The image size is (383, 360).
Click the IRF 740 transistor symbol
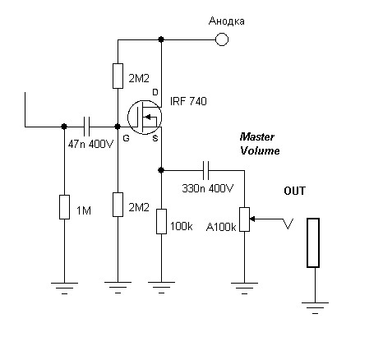pos(145,117)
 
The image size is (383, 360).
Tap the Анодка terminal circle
pos(222,39)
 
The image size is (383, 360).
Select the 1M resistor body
pos(64,207)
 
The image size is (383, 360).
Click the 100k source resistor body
pos(161,221)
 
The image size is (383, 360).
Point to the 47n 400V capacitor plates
pos(86,127)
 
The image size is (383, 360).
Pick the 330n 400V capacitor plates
pos(205,170)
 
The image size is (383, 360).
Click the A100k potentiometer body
pos(244,219)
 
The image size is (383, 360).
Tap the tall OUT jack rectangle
pos(313,242)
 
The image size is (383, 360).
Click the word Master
pos(256,136)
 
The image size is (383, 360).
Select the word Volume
pos(260,150)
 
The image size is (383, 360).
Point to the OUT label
pos(294,191)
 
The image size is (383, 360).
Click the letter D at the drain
pos(155,92)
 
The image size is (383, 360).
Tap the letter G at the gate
pos(126,138)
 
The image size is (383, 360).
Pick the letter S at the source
pos(155,138)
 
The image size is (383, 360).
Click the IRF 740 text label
pos(188,101)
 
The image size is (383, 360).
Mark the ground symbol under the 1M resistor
pos(64,288)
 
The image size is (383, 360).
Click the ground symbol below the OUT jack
pos(315,307)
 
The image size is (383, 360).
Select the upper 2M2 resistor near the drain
pos(118,76)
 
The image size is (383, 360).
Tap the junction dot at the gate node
pos(118,127)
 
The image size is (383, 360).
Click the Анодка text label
pos(227,21)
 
